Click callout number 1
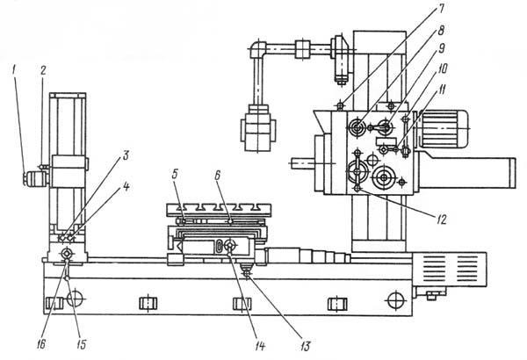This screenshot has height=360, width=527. pos(14,70)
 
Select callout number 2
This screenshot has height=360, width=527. pos(43,70)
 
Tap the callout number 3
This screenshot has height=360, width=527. pos(126,155)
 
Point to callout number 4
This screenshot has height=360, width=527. pos(126,187)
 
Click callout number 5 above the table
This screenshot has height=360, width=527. pos(175,174)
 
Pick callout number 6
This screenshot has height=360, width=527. pos(217,174)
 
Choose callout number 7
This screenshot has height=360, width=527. pos(441,9)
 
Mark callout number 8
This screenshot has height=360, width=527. pos(441,30)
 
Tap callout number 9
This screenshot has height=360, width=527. pos(442,48)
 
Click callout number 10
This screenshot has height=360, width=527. pos(443,68)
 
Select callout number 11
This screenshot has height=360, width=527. pos(443,90)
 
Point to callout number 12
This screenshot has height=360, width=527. pos(442,220)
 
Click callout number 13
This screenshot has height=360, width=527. pos(305,346)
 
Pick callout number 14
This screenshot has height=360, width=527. pos(260,346)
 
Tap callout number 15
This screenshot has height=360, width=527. pos(81,344)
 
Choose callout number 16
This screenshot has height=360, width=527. pos(41,344)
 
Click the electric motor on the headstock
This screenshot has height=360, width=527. pos(442,129)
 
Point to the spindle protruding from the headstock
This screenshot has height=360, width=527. pos(302,163)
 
